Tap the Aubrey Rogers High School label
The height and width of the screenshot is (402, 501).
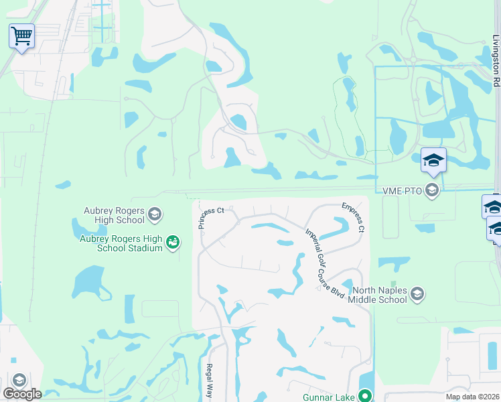(x=114, y=215)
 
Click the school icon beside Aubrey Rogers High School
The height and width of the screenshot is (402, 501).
(x=155, y=214)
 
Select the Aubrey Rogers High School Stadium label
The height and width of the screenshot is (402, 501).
(x=121, y=243)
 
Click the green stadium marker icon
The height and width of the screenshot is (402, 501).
(x=173, y=241)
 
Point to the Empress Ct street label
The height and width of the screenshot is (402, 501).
(x=353, y=217)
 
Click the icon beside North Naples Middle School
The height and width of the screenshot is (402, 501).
(x=417, y=294)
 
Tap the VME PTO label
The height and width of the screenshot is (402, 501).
(x=403, y=192)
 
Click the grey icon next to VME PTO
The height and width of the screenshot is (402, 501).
(x=432, y=192)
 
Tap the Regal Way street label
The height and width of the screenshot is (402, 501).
(x=209, y=380)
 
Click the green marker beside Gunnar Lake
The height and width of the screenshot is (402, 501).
(x=365, y=396)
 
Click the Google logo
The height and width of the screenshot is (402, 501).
(x=22, y=394)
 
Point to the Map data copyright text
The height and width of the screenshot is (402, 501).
(x=472, y=397)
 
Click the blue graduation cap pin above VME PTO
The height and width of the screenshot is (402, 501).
(x=433, y=160)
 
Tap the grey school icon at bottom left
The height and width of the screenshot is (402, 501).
(x=19, y=381)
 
